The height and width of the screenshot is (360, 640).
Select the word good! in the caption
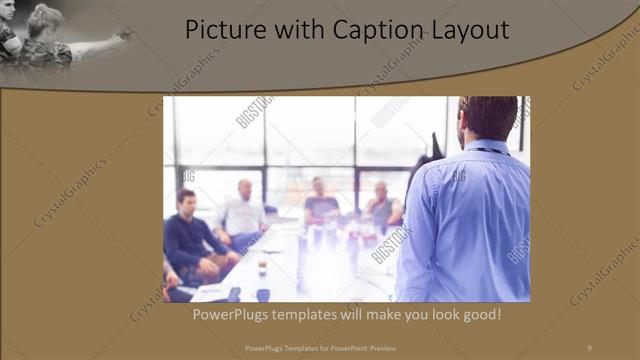[x=477, y=315]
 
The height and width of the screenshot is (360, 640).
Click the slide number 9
[x=589, y=347]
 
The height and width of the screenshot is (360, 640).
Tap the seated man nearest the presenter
[x=382, y=205]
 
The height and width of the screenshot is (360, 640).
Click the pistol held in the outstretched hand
[x=124, y=35]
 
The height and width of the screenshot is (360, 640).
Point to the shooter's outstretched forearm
[x=95, y=43]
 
